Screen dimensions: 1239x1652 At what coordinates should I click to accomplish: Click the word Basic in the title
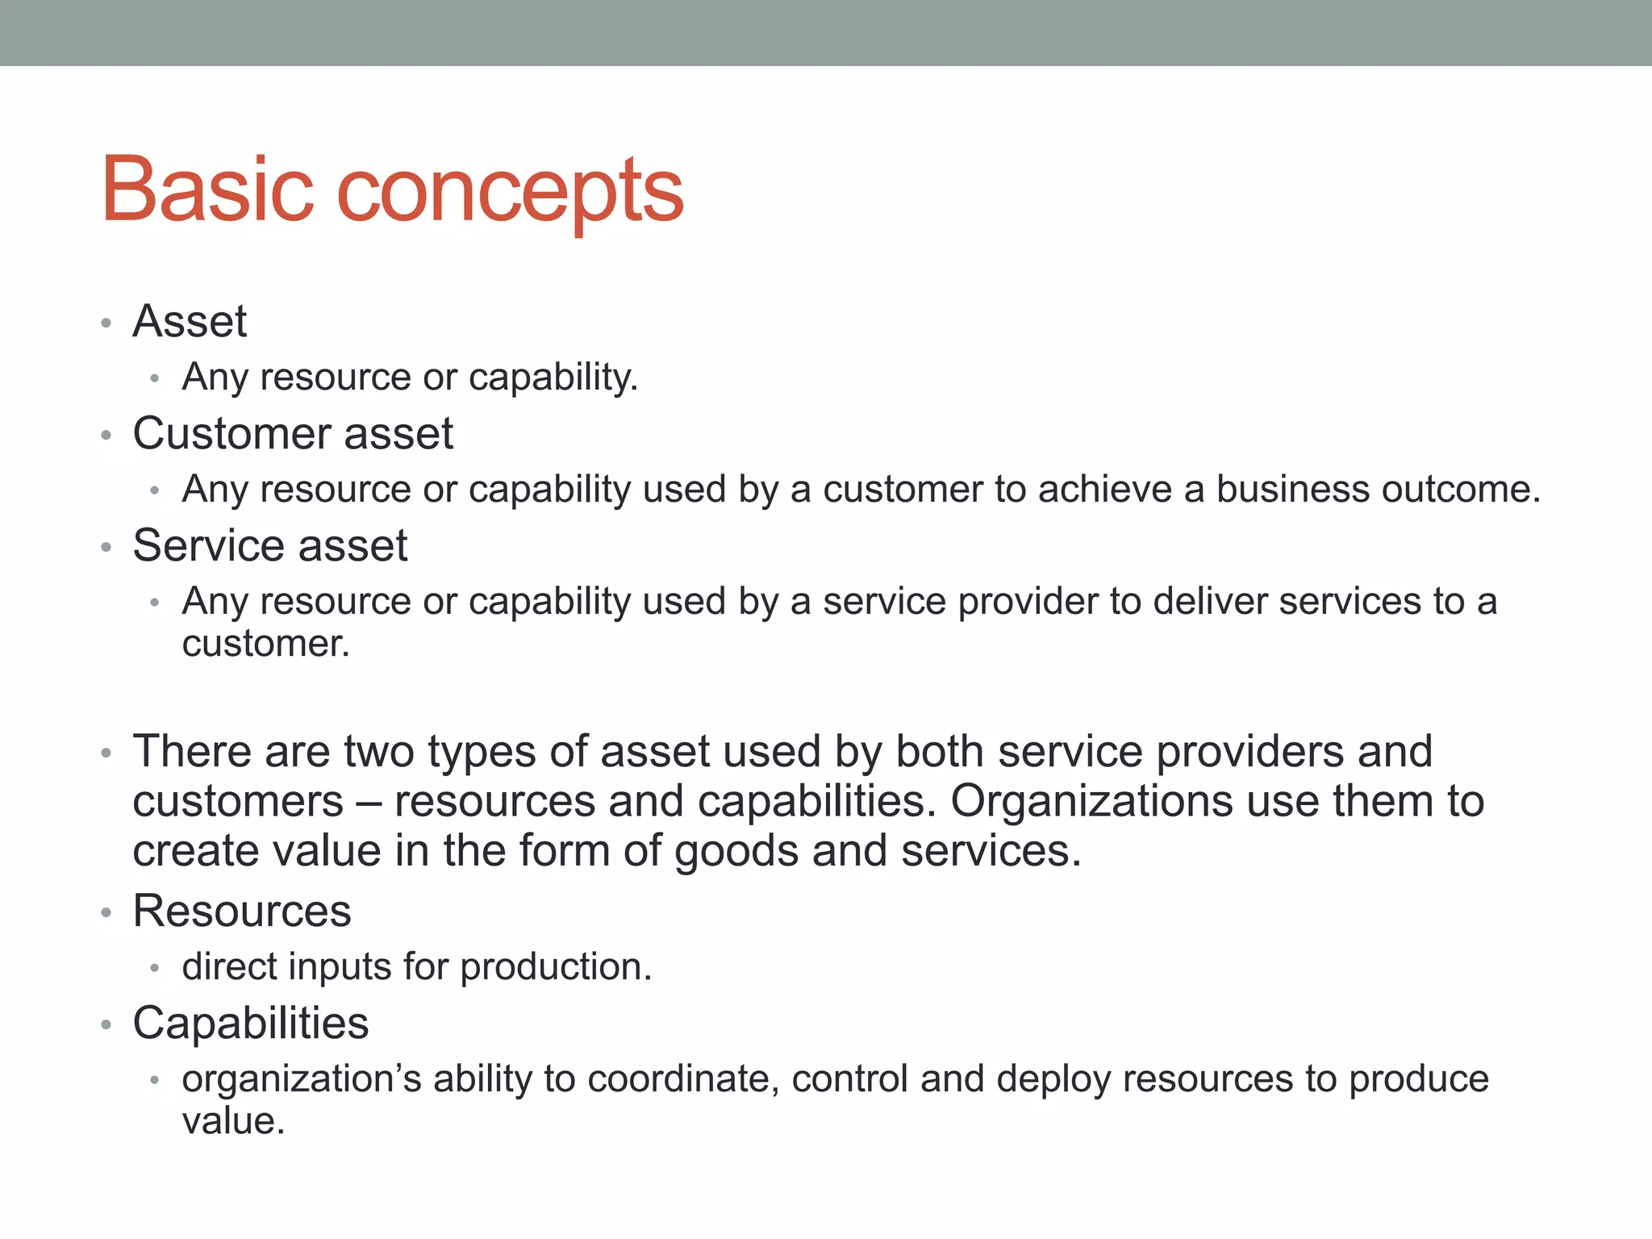[206, 190]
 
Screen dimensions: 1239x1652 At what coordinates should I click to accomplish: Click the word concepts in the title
[509, 194]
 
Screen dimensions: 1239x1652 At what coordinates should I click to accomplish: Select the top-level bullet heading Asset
[190, 321]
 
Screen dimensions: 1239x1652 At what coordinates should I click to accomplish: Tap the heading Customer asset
[293, 433]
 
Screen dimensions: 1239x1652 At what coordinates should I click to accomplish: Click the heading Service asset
[270, 545]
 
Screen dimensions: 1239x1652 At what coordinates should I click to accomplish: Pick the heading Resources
[242, 912]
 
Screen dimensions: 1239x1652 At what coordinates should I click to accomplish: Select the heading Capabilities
[251, 1024]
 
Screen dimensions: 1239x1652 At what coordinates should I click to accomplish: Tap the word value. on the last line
[233, 1122]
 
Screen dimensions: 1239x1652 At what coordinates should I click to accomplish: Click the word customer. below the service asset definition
[265, 645]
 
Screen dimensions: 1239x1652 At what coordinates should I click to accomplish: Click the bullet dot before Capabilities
[106, 1025]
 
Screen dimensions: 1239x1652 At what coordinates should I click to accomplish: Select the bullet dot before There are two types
[106, 753]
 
